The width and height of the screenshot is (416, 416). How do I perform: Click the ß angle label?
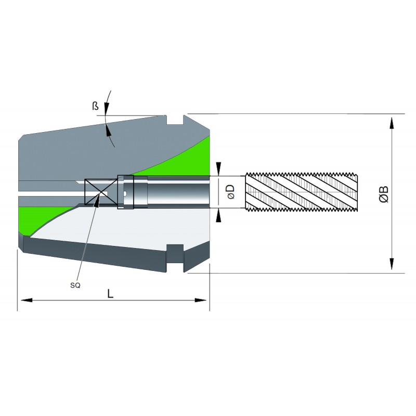tap(95, 106)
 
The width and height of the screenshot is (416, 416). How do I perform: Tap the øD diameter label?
tap(231, 192)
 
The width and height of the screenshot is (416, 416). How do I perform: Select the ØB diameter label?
tap(384, 194)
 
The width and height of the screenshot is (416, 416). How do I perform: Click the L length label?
tap(110, 294)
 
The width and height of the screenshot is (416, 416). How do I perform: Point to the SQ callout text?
tap(75, 285)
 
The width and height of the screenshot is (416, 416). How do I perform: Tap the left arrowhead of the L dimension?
tap(27, 301)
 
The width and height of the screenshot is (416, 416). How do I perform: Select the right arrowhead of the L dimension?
tap(201, 301)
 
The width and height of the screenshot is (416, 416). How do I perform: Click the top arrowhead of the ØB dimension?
tap(392, 123)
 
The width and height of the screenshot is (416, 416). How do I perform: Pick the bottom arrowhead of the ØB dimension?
tap(392, 264)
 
